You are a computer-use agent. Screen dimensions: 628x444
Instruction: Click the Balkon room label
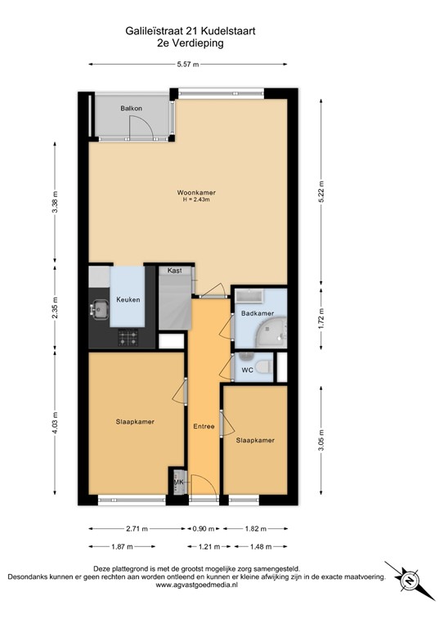coord(132,108)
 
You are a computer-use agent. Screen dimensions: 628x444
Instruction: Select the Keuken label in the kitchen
coord(128,299)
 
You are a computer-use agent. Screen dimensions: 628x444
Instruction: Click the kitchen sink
coord(101,309)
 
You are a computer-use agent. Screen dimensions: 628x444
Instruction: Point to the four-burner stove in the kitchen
coord(128,336)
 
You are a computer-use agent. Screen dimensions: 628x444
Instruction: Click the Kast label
coord(174,271)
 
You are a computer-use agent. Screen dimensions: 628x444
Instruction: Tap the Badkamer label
coord(256,313)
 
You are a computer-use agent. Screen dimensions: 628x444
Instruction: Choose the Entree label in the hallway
coord(203,426)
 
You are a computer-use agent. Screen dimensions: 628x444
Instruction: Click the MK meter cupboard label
coord(178,482)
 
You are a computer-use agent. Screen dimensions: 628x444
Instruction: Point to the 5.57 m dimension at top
coord(187,65)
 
